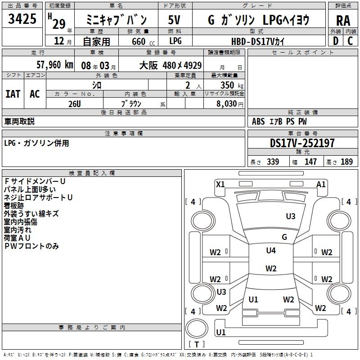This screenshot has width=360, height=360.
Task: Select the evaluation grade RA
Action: click(x=343, y=20)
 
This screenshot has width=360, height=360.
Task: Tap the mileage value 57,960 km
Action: click(x=49, y=65)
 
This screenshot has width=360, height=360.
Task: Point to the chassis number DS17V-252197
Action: click(x=302, y=144)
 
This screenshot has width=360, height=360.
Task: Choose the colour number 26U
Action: click(x=74, y=103)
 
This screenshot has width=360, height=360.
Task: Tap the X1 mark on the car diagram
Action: click(x=220, y=184)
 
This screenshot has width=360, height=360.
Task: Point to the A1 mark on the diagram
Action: click(x=321, y=184)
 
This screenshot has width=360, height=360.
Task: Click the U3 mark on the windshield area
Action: click(x=291, y=216)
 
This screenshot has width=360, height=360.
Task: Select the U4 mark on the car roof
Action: click(x=271, y=251)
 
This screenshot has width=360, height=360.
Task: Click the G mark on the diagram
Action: click(x=284, y=237)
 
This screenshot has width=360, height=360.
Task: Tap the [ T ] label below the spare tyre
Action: click(x=196, y=345)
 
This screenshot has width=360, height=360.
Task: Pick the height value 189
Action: click(x=346, y=162)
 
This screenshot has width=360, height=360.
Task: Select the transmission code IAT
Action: click(x=13, y=94)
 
